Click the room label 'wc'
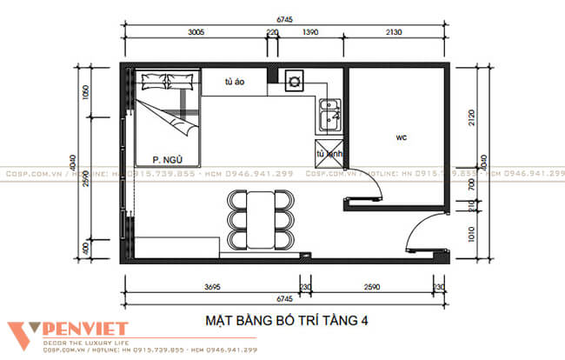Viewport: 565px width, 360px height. tap(401, 137)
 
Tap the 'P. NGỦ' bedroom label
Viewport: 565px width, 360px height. tap(165, 158)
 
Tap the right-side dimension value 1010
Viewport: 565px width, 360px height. tap(471, 235)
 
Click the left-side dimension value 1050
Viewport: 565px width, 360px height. tap(86, 97)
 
